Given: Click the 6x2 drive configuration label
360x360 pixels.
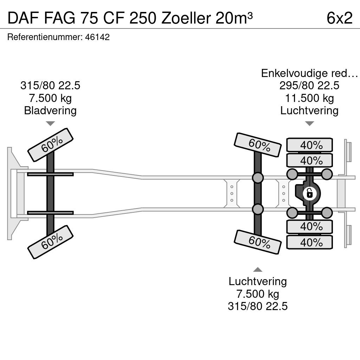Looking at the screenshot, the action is pyautogui.click(x=340, y=18).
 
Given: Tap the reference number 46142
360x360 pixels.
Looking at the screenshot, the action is pyautogui.click(x=97, y=37).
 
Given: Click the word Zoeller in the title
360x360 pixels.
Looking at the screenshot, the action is pyautogui.click(x=186, y=18).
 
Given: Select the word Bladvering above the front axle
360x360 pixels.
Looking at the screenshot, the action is pyautogui.click(x=50, y=110).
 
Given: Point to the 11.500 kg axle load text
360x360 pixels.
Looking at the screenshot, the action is pyautogui.click(x=309, y=98).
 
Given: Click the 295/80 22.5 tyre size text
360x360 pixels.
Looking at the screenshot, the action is pyautogui.click(x=309, y=86).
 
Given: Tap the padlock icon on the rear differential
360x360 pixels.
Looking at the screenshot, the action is pyautogui.click(x=310, y=194).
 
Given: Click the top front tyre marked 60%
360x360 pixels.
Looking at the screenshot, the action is pyautogui.click(x=50, y=145).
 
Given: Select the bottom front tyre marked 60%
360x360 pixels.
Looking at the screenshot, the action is pyautogui.click(x=50, y=242).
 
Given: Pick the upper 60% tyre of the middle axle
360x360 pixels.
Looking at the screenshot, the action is pyautogui.click(x=258, y=145).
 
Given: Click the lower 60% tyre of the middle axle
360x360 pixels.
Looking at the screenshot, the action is pyautogui.click(x=258, y=242).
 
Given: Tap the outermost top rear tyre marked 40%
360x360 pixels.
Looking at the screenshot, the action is pyautogui.click(x=309, y=145).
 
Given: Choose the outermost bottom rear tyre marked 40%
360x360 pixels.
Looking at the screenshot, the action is pyautogui.click(x=309, y=242).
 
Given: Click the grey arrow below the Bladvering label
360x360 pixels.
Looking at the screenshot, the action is pyautogui.click(x=50, y=123).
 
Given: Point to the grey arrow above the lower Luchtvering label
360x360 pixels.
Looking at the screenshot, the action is pyautogui.click(x=258, y=270).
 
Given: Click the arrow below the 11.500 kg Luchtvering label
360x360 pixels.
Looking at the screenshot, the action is pyautogui.click(x=309, y=123).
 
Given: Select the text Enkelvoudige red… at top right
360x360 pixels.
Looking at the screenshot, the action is pyautogui.click(x=309, y=73).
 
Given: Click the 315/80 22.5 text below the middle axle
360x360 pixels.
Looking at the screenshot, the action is pyautogui.click(x=258, y=306).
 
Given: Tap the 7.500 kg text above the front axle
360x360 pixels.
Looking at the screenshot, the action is pyautogui.click(x=50, y=98).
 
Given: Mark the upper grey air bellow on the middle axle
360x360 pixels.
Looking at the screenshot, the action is pyautogui.click(x=258, y=178).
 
